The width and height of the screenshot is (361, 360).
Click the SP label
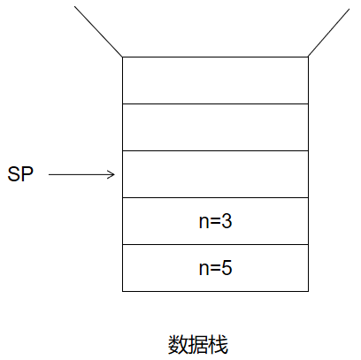pyautogui.click(x=20, y=174)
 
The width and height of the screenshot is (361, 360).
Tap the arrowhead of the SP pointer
pyautogui.click(x=111, y=174)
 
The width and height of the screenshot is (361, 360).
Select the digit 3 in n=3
pyautogui.click(x=227, y=221)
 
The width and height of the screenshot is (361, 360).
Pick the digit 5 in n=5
pyautogui.click(x=227, y=268)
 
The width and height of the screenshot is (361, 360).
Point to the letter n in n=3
pyautogui.click(x=204, y=223)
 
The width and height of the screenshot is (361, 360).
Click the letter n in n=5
pyautogui.click(x=204, y=270)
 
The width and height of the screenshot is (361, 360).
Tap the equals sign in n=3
pyautogui.click(x=215, y=222)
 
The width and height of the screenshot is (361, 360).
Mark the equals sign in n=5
pyautogui.click(x=215, y=269)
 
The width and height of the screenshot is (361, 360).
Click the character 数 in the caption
pyautogui.click(x=178, y=344)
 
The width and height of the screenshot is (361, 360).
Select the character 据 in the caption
pyautogui.click(x=198, y=344)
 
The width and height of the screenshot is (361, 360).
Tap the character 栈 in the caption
pyautogui.click(x=219, y=344)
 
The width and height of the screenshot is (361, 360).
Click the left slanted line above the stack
pyautogui.click(x=98, y=31)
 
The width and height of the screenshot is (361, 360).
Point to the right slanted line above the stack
pyautogui.click(x=328, y=33)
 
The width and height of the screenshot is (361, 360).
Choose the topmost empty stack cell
pyautogui.click(x=215, y=80)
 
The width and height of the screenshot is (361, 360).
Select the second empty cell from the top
pyautogui.click(x=215, y=127)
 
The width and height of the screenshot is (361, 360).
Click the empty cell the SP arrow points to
pyautogui.click(x=215, y=174)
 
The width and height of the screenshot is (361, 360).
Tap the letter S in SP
pyautogui.click(x=14, y=174)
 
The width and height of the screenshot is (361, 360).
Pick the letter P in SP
pyautogui.click(x=27, y=174)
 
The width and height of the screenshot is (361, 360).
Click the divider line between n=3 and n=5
pyautogui.click(x=215, y=244)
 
